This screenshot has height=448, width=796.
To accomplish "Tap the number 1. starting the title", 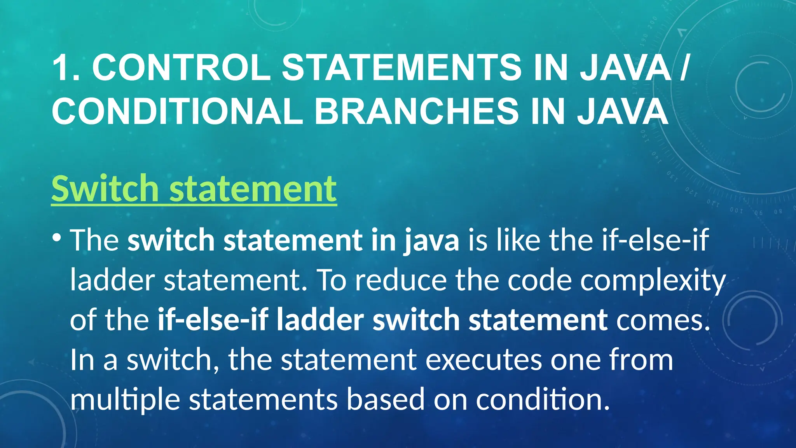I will click(66, 68).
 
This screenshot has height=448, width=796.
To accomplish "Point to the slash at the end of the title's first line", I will click(684, 68).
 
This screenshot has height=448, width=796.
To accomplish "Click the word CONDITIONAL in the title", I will click(177, 111).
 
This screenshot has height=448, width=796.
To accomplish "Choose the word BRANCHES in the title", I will click(416, 111).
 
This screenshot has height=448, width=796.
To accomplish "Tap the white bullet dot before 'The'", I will click(57, 237).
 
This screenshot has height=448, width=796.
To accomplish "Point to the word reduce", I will click(401, 280).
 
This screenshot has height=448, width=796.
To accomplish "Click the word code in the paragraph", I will click(539, 280).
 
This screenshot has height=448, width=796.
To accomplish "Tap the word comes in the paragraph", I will click(663, 320).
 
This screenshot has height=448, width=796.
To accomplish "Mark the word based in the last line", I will click(385, 400).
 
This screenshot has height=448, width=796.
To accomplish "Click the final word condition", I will click(543, 400).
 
